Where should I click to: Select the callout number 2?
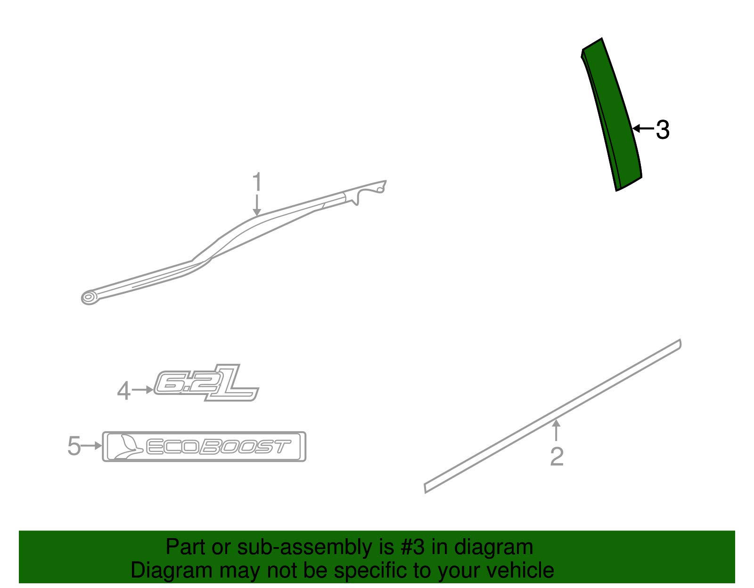[x=557, y=457]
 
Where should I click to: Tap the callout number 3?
[x=663, y=129]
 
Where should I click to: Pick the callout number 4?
[x=123, y=391]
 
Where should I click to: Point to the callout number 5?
[x=74, y=446]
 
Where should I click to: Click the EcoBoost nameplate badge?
[x=204, y=446]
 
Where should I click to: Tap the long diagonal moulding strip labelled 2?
[x=551, y=416]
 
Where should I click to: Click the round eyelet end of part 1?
[x=88, y=297]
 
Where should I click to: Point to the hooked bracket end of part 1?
[x=370, y=191]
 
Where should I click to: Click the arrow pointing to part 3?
[x=643, y=129]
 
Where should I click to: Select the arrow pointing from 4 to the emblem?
[x=142, y=390]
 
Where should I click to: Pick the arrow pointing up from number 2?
[x=557, y=431]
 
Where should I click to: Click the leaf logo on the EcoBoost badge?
[x=125, y=446]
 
